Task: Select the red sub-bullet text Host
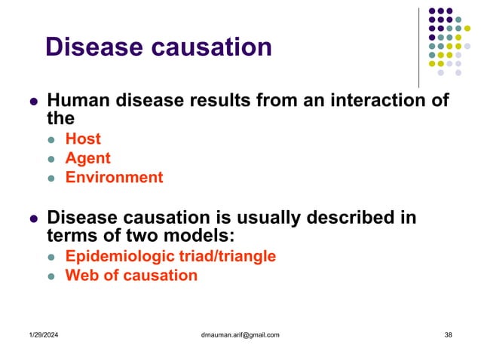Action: (x=83, y=139)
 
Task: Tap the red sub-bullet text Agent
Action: (x=87, y=158)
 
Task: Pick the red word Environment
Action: (x=114, y=178)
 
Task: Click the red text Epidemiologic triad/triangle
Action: (x=170, y=256)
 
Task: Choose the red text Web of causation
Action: (x=131, y=276)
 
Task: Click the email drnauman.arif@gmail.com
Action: (x=237, y=334)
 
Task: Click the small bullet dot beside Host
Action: (x=51, y=139)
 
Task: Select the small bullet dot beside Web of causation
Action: (x=51, y=276)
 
